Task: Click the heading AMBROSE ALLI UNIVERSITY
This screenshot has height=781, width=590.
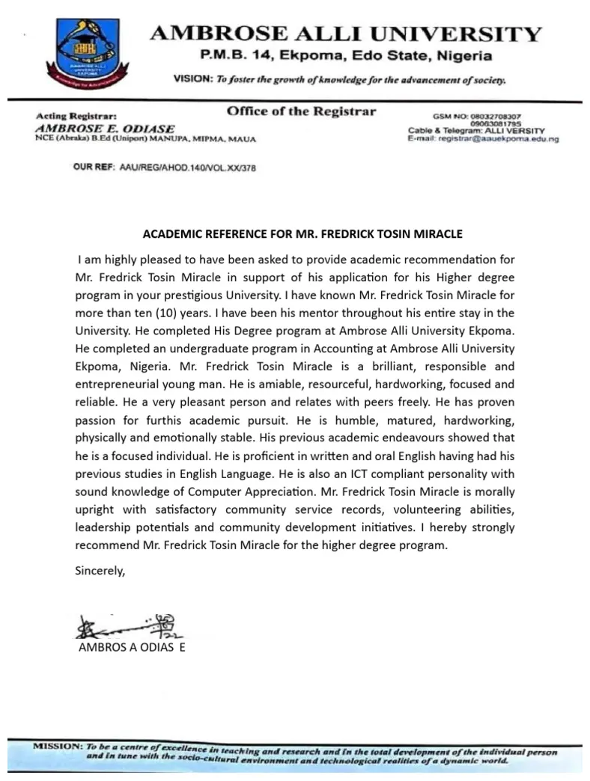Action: click(346, 34)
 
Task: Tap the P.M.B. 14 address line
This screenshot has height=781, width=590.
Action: click(345, 56)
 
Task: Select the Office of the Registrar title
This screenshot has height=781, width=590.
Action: click(301, 112)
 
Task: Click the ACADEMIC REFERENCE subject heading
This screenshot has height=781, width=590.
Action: click(302, 234)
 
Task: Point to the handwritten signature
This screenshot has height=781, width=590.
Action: click(121, 625)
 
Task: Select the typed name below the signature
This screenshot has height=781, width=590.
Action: click(132, 648)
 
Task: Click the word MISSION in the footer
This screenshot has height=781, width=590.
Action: click(57, 747)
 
